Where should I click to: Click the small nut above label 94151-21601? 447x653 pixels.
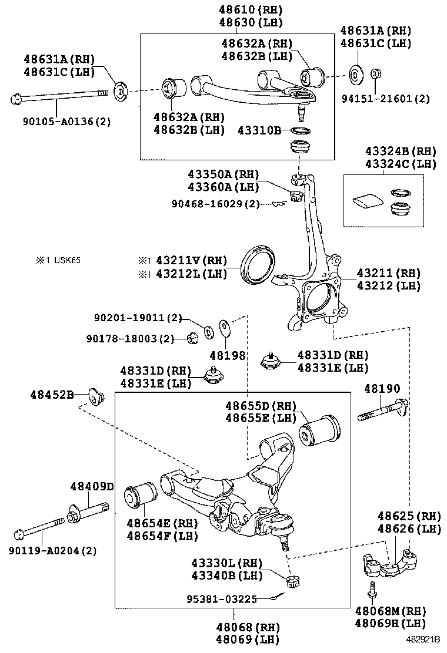click(x=375, y=75)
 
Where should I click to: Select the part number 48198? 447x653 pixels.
click(x=223, y=355)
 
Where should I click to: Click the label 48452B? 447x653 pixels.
click(x=52, y=395)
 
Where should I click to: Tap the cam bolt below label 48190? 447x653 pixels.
click(x=382, y=412)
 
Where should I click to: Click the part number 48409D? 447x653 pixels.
click(x=91, y=486)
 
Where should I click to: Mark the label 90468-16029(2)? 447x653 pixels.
click(x=215, y=204)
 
